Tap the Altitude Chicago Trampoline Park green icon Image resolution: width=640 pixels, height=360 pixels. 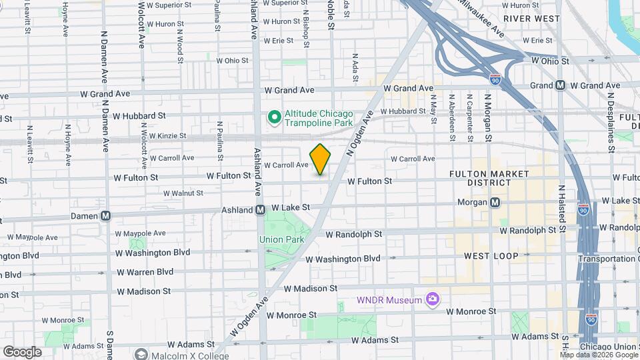tap(273, 118)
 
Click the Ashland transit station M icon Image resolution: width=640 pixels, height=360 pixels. tap(262, 210)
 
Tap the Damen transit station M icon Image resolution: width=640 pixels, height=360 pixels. tap(105, 215)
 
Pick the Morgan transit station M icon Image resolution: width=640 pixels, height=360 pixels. tap(495, 202)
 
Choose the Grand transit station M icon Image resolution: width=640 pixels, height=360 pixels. tap(560, 85)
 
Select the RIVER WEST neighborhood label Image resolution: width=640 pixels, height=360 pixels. tap(531, 19)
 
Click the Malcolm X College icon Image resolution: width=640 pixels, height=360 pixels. tap(141, 354)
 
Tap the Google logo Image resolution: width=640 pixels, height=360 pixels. tap(22, 352)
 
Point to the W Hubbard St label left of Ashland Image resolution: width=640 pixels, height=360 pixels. tap(139, 116)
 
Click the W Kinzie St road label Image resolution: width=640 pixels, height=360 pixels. tap(164, 136)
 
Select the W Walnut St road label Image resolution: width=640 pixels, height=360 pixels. tap(181, 193)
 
